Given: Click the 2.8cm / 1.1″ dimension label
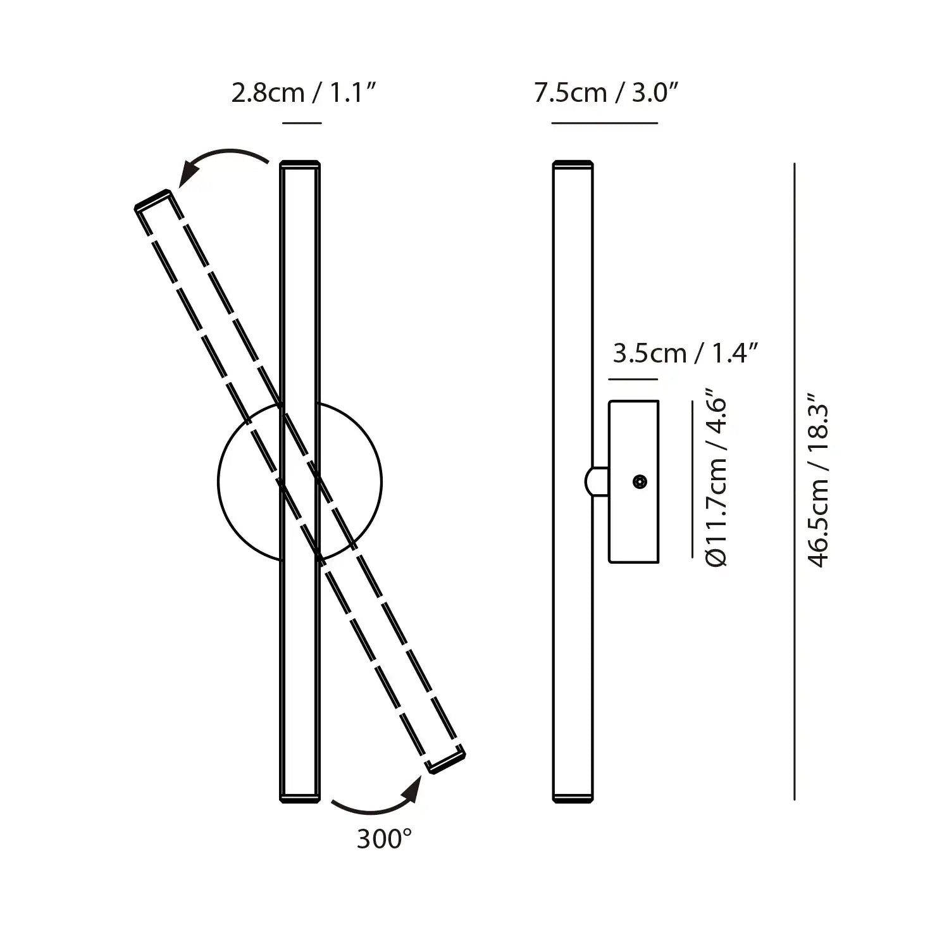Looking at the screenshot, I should tap(304, 94).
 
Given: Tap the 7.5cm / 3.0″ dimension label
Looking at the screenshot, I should tap(605, 94).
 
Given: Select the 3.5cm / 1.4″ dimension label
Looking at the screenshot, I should tap(685, 353).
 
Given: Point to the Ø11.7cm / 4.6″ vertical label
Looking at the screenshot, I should tap(717, 481).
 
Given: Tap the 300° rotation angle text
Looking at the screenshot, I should tap(384, 840).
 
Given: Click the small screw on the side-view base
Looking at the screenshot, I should tap(640, 482).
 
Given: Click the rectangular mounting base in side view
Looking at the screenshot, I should tap(633, 481).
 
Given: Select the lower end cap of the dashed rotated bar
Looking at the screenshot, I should tap(447, 762).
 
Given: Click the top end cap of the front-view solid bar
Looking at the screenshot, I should tap(300, 164).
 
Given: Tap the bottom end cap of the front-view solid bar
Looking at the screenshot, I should tap(300, 798).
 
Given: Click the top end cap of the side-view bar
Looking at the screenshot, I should tap(573, 164).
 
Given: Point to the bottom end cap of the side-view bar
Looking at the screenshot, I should tap(573, 798).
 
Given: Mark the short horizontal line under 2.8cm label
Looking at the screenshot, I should tap(302, 123).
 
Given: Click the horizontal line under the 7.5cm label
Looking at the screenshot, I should tap(604, 123).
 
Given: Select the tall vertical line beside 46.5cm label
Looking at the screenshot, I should tap(794, 481).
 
